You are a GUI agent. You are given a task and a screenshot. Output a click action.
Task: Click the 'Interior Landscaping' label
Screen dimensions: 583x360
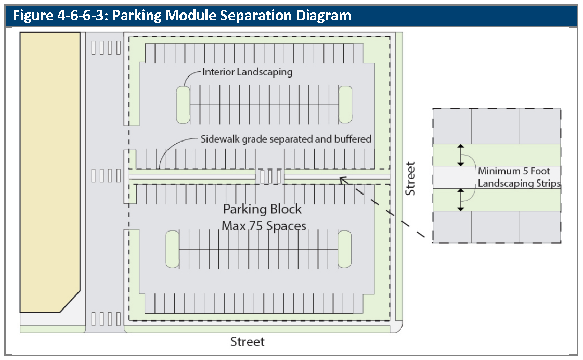pyautogui.click(x=248, y=72)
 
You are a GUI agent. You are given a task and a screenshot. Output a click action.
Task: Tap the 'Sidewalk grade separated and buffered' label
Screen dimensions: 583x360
pyautogui.click(x=286, y=139)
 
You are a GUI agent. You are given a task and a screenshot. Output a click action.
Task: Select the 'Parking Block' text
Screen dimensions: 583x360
pyautogui.click(x=262, y=209)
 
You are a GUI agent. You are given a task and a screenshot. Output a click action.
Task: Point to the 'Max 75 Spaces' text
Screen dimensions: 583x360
pyautogui.click(x=264, y=226)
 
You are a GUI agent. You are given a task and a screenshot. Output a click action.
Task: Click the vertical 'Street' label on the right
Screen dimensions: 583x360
pyautogui.click(x=411, y=178)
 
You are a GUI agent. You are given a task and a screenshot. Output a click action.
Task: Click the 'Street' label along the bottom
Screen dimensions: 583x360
pyautogui.click(x=248, y=342)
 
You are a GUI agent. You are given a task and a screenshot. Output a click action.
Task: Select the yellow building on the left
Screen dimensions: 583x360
pyautogui.click(x=50, y=172)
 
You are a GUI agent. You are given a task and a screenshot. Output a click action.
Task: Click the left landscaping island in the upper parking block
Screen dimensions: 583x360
pyautogui.click(x=183, y=105)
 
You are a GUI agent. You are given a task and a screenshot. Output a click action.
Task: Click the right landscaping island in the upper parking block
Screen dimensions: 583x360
pyautogui.click(x=345, y=105)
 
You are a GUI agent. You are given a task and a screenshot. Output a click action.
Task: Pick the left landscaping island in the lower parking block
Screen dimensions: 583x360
pyautogui.click(x=172, y=250)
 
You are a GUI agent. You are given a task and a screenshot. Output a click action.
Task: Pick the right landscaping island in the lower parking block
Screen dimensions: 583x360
pyautogui.click(x=344, y=250)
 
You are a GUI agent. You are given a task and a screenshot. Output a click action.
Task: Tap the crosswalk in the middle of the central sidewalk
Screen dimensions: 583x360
pyautogui.click(x=270, y=176)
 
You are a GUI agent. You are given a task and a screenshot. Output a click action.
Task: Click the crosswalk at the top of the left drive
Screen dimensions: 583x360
pyautogui.click(x=106, y=47)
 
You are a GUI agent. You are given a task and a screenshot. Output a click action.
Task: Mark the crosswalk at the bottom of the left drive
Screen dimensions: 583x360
pyautogui.click(x=106, y=318)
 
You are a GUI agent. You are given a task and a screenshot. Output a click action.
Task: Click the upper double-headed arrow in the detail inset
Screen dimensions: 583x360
pyautogui.click(x=460, y=155)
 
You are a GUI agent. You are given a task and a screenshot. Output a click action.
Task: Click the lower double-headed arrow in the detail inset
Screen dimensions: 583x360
pyautogui.click(x=460, y=200)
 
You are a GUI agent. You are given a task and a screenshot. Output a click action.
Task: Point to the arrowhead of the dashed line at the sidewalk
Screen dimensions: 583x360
pyautogui.click(x=342, y=180)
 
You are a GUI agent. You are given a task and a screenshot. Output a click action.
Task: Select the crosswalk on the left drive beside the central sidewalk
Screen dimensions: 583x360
pyautogui.click(x=106, y=175)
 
